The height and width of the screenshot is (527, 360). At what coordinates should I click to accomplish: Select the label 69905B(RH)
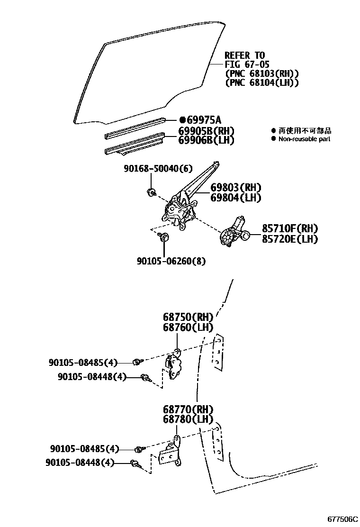206,131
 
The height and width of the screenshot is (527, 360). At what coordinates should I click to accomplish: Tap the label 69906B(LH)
206,140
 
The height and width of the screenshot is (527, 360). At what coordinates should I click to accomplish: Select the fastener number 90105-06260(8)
171,261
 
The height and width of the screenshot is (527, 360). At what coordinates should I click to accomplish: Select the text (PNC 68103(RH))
261,73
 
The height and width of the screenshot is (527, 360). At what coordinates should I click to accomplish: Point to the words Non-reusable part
304,139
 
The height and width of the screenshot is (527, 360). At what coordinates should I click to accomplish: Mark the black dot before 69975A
181,120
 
